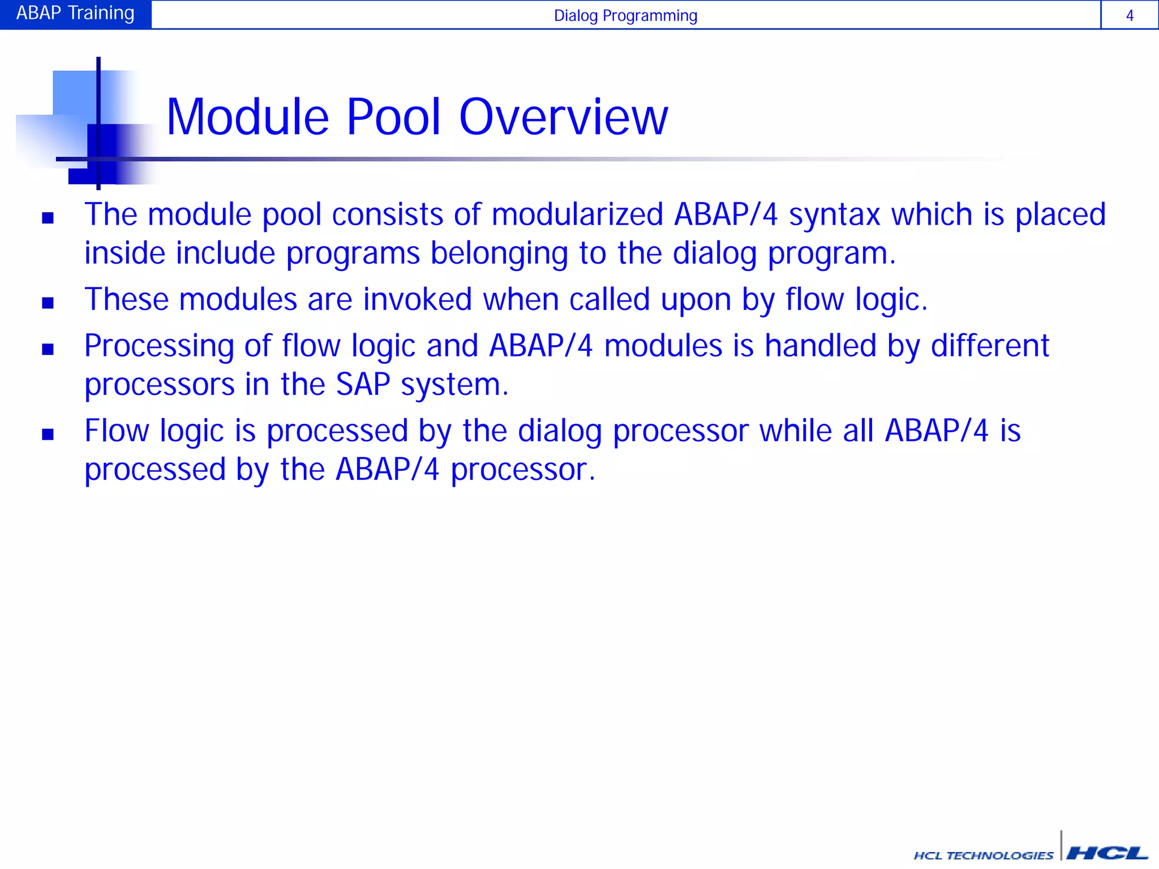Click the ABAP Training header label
pyautogui.click(x=75, y=14)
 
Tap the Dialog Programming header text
pyautogui.click(x=625, y=16)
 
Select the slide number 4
pyautogui.click(x=1129, y=16)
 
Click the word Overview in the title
pyautogui.click(x=563, y=117)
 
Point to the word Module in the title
pyautogui.click(x=247, y=117)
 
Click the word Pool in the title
pyautogui.click(x=393, y=117)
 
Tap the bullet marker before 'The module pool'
pyautogui.click(x=48, y=218)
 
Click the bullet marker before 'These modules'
pyautogui.click(x=48, y=303)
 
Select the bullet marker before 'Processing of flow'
pyautogui.click(x=48, y=349)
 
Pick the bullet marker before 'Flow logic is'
pyautogui.click(x=48, y=434)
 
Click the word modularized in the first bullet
pyautogui.click(x=577, y=215)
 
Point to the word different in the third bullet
pyautogui.click(x=990, y=346)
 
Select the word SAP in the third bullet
pyautogui.click(x=363, y=385)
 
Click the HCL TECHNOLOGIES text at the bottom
pyautogui.click(x=983, y=855)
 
